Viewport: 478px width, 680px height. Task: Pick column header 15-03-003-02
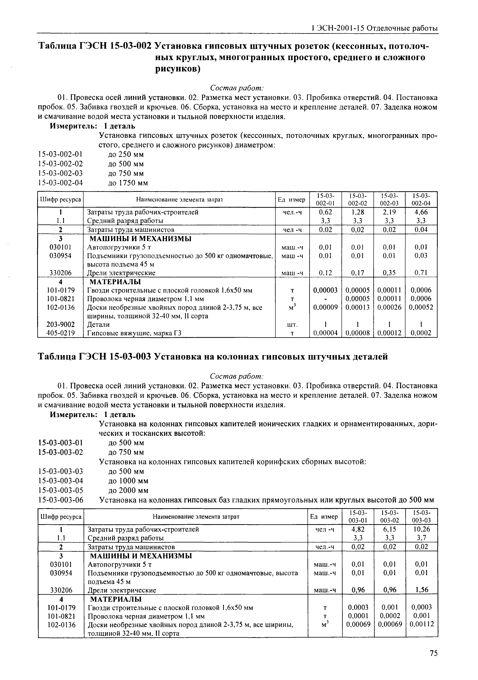pos(390,517)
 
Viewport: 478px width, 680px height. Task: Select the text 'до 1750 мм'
pos(128,183)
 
